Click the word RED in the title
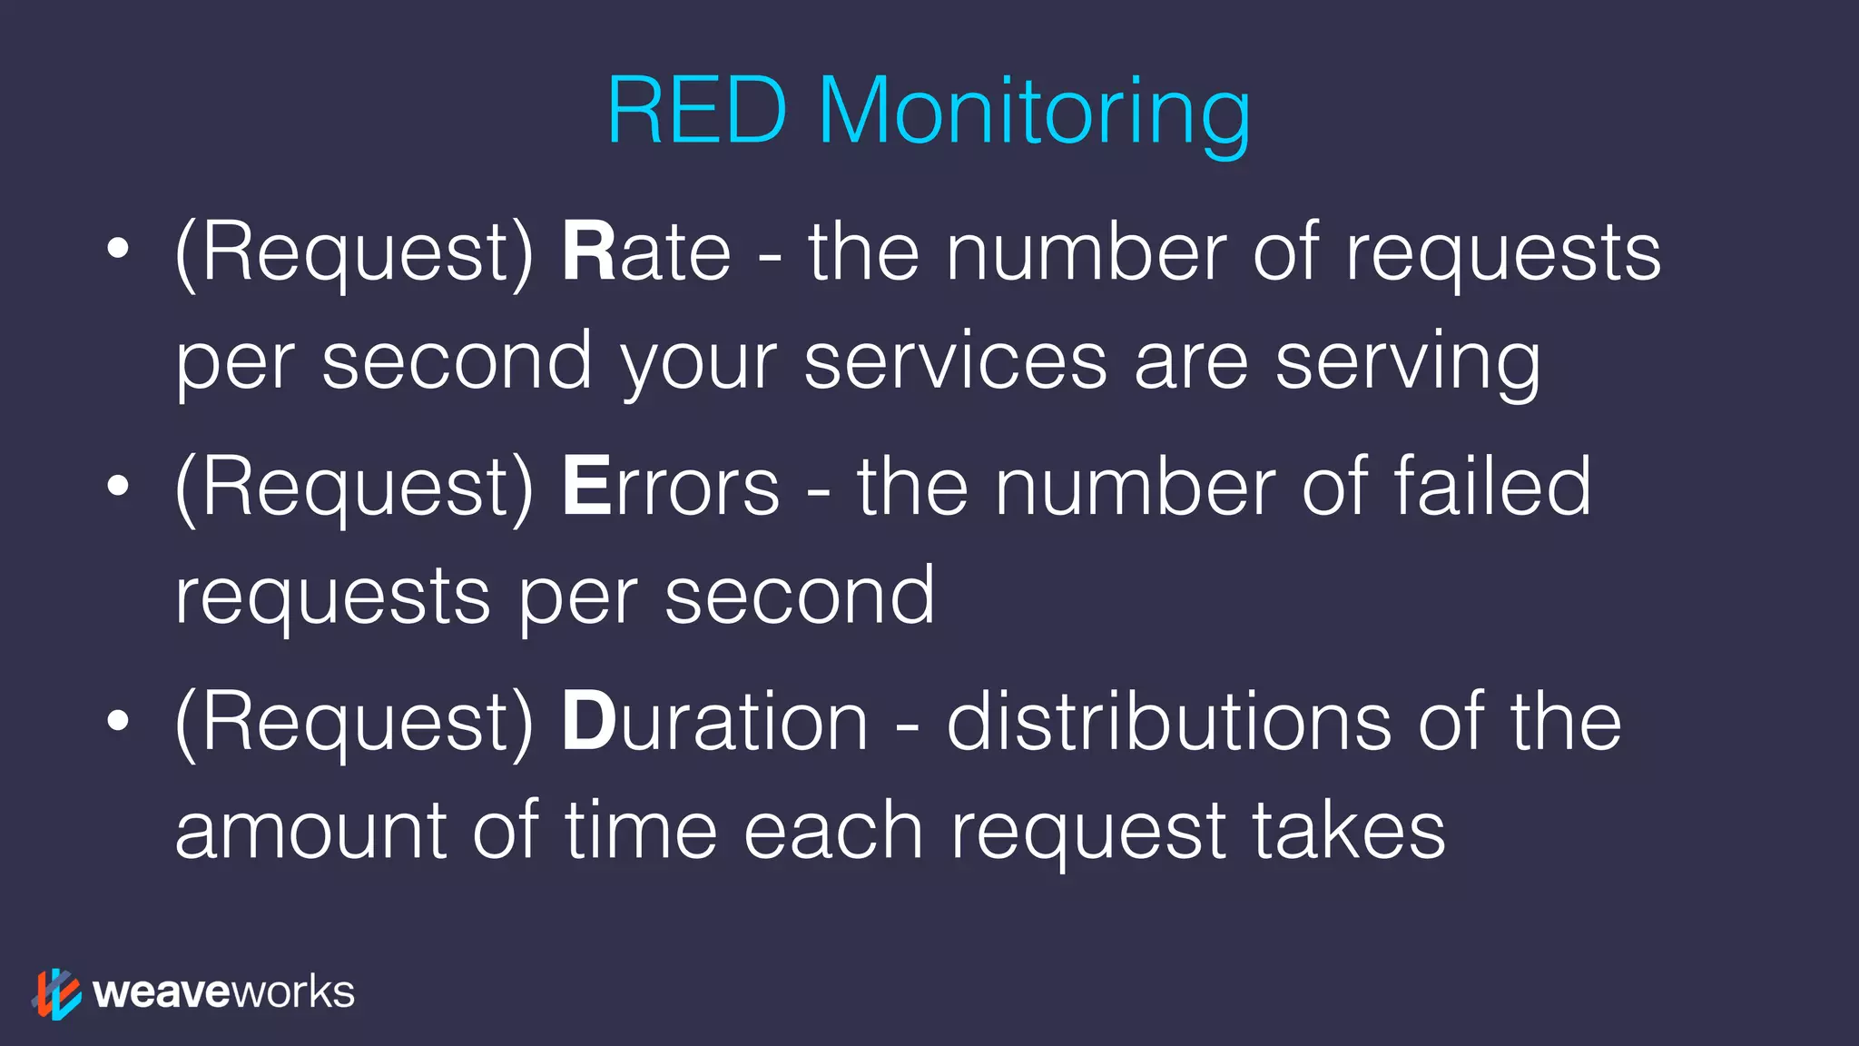696,111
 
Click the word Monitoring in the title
1034,113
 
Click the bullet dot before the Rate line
117,249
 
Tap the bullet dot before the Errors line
117,485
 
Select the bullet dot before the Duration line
117,720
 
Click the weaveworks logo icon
56,993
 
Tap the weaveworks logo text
223,992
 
